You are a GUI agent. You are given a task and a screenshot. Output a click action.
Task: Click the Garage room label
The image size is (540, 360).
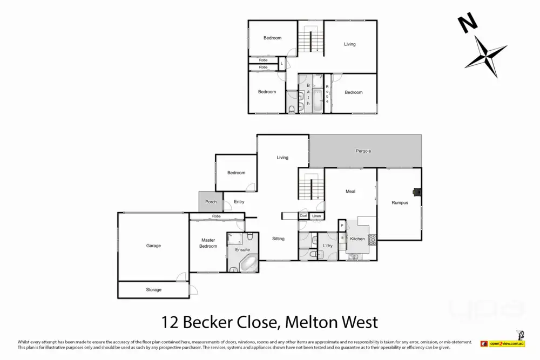(153, 246)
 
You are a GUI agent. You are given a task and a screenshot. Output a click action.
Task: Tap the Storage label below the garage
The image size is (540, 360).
(153, 290)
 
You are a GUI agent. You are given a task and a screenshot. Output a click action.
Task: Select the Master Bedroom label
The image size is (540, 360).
(208, 243)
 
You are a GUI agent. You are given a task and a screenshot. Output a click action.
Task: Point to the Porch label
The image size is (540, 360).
(211, 202)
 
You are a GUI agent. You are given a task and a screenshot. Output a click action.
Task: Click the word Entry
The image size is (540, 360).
(239, 202)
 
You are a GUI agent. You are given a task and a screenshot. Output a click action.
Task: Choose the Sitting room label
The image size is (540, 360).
(278, 239)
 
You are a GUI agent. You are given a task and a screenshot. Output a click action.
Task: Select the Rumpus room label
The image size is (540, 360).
(400, 202)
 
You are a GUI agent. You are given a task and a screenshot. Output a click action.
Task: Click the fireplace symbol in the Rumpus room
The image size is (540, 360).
(416, 191)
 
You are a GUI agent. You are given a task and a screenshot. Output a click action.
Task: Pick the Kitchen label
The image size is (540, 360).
(357, 239)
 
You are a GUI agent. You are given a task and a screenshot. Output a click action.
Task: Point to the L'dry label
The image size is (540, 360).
(328, 246)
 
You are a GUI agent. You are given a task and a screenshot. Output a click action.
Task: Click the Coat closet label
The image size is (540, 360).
(303, 216)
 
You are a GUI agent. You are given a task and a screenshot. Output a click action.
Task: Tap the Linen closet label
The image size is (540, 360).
(316, 216)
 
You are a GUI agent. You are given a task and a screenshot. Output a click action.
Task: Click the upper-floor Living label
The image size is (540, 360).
(350, 44)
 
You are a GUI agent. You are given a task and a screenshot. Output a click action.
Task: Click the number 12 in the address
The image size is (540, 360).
(172, 323)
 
